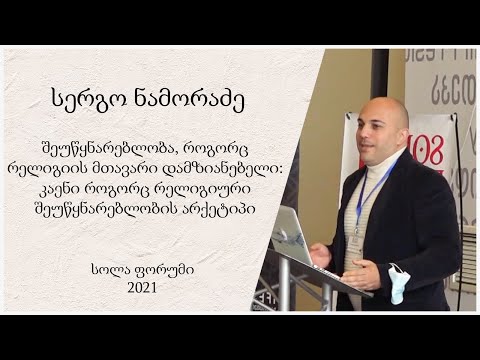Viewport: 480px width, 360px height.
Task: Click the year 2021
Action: click(142, 287)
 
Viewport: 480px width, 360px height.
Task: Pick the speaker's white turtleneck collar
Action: click(385, 160)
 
